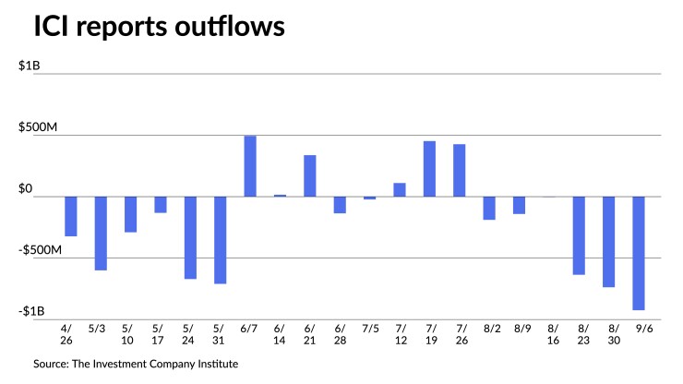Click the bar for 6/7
[x=250, y=166]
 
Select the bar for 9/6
[x=639, y=253]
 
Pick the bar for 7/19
[x=429, y=169]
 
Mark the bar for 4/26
[x=70, y=216]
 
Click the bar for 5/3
[x=101, y=234]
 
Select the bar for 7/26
[x=459, y=171]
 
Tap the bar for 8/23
[x=579, y=235]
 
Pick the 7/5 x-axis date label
[x=370, y=327]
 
